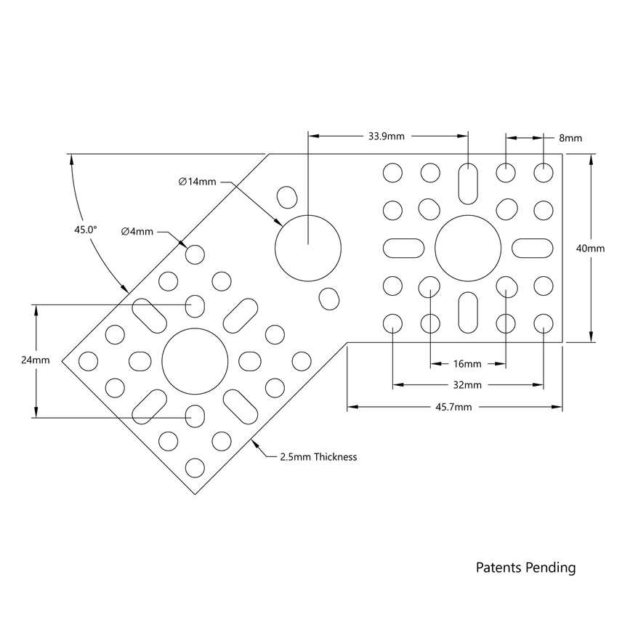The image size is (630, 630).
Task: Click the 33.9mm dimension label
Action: coord(386,136)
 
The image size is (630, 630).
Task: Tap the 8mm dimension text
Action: coord(570,138)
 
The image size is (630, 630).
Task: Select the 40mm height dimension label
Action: coord(590,249)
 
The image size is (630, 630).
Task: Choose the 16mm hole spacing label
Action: coord(467,364)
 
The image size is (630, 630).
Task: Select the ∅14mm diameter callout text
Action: coord(197,182)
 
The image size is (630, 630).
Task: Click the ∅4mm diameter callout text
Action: coord(137,232)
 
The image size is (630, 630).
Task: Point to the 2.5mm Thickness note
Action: coord(318,457)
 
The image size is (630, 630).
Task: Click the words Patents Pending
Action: coord(525,568)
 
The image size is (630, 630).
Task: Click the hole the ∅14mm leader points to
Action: coord(308,247)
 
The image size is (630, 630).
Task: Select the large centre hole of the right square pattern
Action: coord(468,248)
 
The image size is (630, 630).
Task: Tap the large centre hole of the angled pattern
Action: coord(195,360)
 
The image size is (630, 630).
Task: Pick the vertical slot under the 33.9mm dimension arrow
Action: coord(468,185)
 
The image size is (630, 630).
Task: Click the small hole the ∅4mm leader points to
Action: coord(195,254)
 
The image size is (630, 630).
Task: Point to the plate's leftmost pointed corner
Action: coord(62,360)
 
